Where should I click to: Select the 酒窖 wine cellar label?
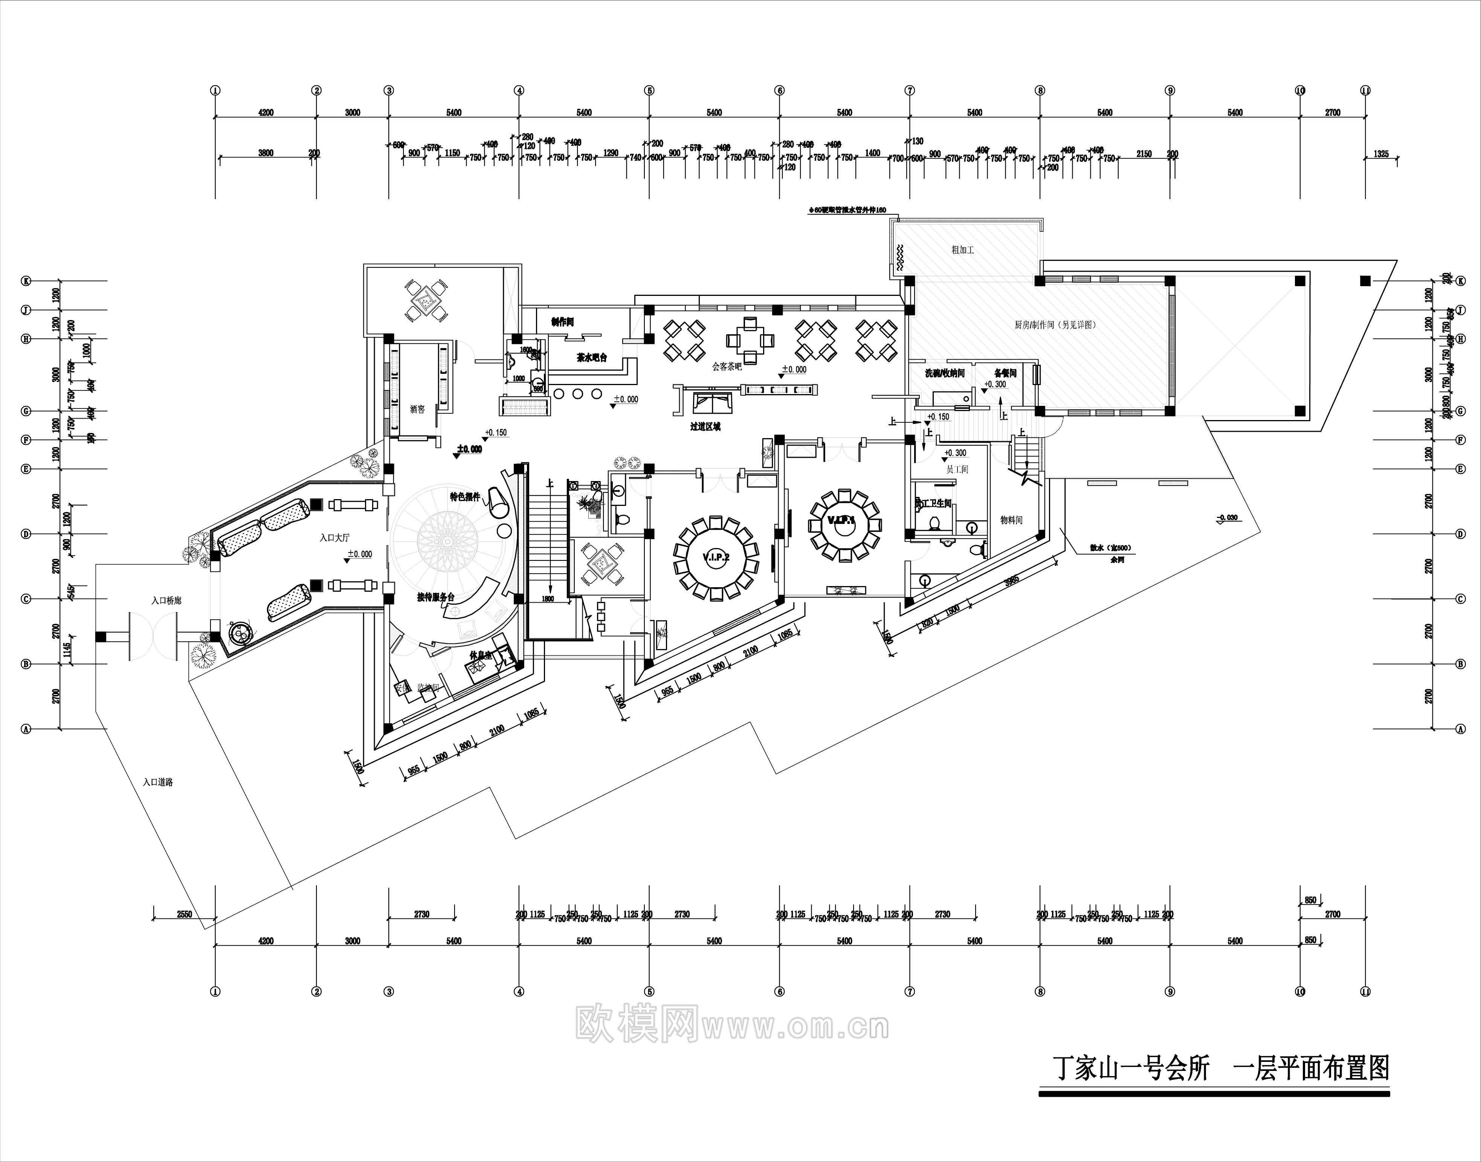tap(417, 410)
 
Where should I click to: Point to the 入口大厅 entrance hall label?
tap(335, 538)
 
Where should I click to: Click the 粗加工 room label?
tap(962, 250)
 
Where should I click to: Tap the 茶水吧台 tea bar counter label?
tap(591, 357)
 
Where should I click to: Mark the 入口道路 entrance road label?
tap(158, 782)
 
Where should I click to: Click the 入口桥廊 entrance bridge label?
tap(166, 601)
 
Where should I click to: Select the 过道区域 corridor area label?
tap(705, 426)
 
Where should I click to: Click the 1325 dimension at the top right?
tap(1381, 154)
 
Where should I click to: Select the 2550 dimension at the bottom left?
tap(185, 914)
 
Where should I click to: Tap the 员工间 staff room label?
tap(957, 469)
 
